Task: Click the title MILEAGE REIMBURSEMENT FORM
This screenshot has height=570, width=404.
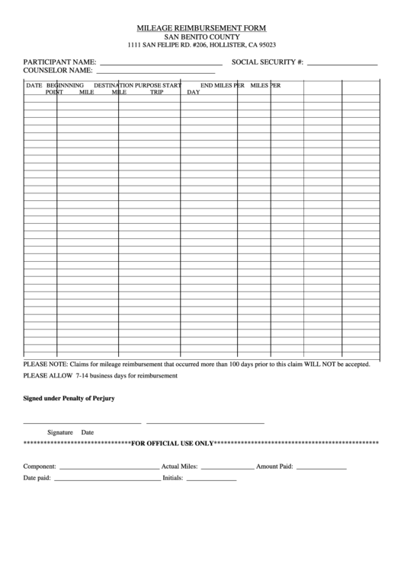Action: (201, 27)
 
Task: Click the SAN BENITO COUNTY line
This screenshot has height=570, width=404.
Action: (202, 37)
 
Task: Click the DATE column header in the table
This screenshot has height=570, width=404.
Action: (34, 85)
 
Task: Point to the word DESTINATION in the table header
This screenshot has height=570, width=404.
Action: (114, 85)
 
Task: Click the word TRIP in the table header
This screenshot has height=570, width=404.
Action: (156, 92)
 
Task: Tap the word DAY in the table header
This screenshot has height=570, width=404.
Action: (194, 92)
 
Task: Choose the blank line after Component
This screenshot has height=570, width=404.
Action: (108, 467)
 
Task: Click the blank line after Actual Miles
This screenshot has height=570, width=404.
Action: (226, 467)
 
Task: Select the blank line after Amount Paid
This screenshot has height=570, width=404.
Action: (320, 467)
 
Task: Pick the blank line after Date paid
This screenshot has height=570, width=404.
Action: (106, 479)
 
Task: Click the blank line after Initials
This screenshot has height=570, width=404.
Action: (210, 479)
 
